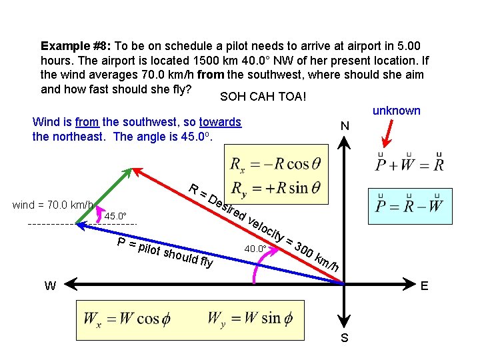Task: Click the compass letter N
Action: [x=345, y=126]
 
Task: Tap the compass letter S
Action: [x=345, y=338]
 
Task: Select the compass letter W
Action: [x=50, y=287]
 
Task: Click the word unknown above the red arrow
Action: [x=396, y=111]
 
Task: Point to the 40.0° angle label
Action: [x=255, y=249]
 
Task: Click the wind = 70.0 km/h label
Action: [x=53, y=205]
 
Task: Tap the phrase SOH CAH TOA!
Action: [x=263, y=97]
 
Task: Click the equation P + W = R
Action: [x=409, y=162]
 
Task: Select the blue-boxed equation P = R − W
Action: [x=409, y=204]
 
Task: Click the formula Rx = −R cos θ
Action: [x=275, y=165]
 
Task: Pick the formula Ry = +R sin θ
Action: [x=275, y=189]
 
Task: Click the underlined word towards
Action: [x=220, y=123]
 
